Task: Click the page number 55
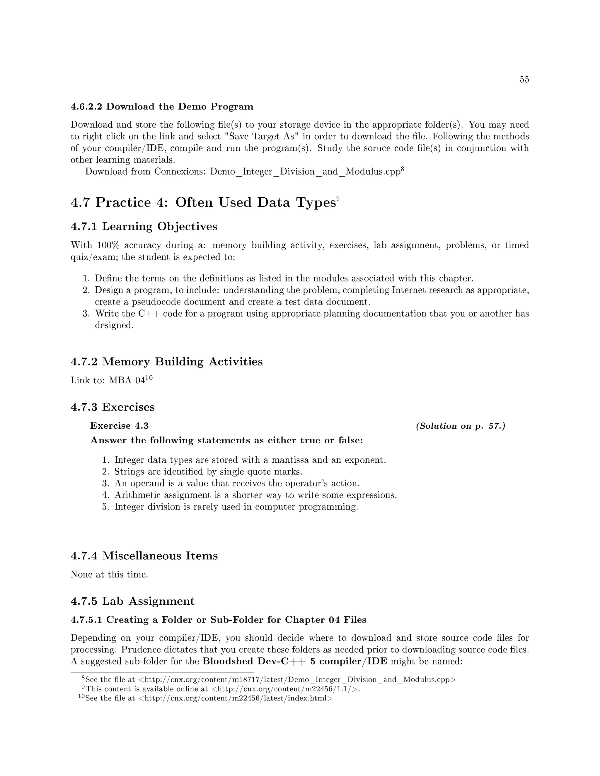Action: click(524, 80)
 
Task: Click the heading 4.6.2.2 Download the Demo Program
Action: click(162, 107)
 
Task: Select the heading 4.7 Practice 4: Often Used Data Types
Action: click(203, 203)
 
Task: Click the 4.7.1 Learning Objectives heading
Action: click(144, 226)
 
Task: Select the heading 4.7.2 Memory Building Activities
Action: click(167, 362)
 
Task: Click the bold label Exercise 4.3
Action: click(120, 426)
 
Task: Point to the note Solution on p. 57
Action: click(460, 426)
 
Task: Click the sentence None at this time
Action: click(109, 575)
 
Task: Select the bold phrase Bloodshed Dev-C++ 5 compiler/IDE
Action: click(295, 662)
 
